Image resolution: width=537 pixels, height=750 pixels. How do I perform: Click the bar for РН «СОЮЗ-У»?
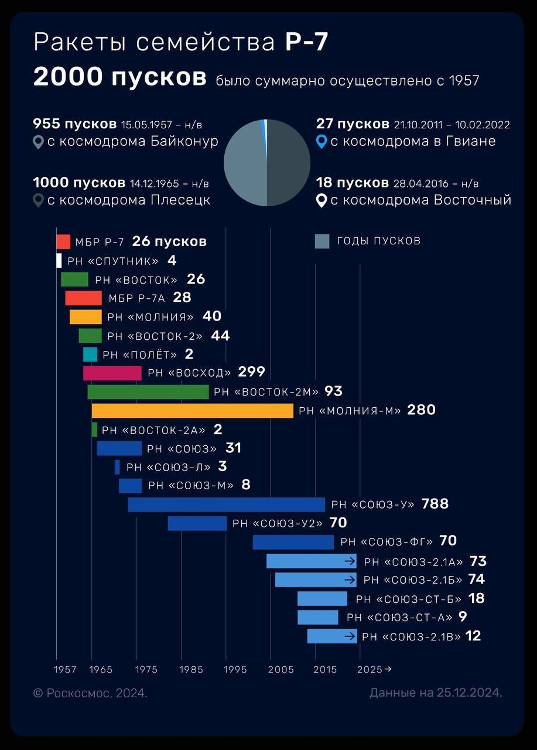226,504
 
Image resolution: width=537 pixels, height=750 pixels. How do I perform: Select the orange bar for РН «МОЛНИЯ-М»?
192,411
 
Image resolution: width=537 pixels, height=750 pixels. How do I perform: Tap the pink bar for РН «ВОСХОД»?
112,373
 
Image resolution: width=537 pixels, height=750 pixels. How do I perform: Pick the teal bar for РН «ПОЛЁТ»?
90,354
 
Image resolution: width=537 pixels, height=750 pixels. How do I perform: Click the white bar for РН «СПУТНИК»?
59,261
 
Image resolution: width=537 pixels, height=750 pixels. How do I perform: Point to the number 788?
435,504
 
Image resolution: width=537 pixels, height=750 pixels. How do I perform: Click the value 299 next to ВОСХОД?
252,372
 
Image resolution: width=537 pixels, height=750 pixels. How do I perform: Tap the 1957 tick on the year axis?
65,670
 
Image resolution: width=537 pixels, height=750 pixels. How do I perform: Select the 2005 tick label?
281,670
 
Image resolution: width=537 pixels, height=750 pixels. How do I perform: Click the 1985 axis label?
192,670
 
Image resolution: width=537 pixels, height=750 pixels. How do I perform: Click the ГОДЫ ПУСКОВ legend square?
322,241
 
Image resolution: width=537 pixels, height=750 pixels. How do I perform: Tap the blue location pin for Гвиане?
321,142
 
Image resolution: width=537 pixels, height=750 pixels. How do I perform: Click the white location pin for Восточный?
321,201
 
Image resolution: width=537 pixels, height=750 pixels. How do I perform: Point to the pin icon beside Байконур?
38,142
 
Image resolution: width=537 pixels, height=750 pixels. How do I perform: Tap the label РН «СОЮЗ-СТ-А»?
399,617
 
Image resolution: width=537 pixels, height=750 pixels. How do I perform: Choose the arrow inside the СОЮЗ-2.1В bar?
350,636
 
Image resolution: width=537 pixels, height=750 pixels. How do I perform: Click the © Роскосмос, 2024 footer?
90,693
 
